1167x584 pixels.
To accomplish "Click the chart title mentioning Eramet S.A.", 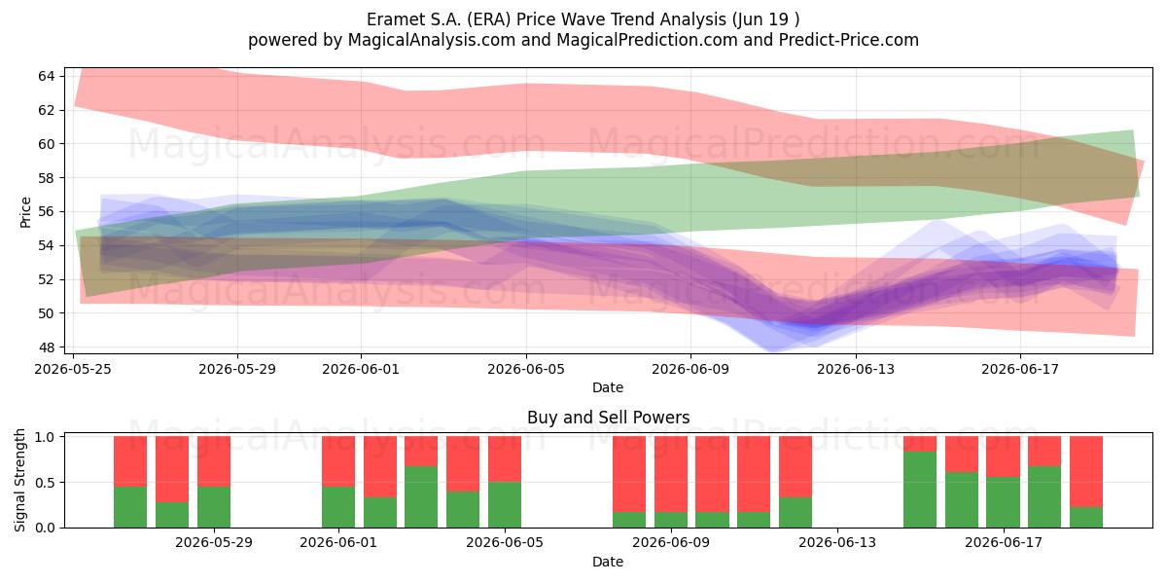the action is (583, 19).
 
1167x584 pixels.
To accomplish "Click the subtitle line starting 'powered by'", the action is (583, 40).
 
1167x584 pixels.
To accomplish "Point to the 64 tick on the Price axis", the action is (47, 76).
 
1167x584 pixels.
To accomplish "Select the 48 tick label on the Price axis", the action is (47, 347).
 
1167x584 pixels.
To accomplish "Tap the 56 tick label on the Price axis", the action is (47, 212).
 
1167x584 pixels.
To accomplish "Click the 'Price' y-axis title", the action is (25, 212).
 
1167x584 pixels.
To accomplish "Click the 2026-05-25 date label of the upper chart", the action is (73, 369).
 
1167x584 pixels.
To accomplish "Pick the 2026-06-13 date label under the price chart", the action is (856, 369).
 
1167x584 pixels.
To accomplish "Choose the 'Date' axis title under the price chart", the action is (608, 387).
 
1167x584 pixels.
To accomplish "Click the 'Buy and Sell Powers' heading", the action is (608, 418).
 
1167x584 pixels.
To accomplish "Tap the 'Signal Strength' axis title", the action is (19, 480).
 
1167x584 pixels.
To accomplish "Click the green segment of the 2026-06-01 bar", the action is (338, 507).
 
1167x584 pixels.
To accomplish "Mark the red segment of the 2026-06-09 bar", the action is (671, 474).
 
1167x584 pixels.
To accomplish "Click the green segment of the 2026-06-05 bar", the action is (505, 505).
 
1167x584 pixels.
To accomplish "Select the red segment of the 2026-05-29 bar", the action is (214, 461).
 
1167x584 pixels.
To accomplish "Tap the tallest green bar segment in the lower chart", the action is (920, 490).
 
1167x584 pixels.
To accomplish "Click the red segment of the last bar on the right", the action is (1086, 471).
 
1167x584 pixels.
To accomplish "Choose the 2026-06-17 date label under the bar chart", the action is (1004, 543).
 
